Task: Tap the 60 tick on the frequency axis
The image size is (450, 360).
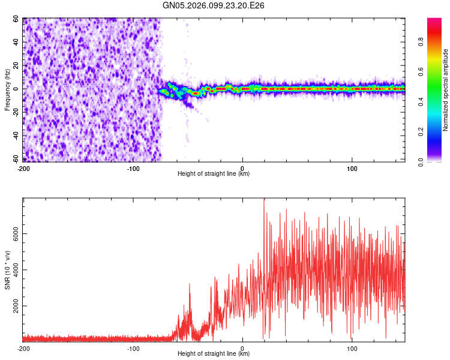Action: point(16,19)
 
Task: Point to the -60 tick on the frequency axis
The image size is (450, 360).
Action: point(15,159)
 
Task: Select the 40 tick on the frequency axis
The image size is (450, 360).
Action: point(16,42)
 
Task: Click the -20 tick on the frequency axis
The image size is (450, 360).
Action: point(15,112)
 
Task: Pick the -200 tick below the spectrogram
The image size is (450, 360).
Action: point(24,169)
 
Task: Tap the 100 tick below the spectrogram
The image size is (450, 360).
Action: point(352,169)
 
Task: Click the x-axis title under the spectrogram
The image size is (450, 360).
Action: point(214,174)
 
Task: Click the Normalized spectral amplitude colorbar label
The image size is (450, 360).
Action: point(446,90)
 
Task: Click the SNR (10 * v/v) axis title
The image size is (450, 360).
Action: point(8,269)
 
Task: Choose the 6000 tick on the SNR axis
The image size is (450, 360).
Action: point(12,236)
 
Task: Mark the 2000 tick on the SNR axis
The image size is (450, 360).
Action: point(12,306)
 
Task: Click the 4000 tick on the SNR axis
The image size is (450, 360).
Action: point(12,271)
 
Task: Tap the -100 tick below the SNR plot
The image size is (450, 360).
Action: point(133,349)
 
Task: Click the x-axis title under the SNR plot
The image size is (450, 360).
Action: point(214,354)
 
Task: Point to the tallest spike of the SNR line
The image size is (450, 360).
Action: point(264,200)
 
